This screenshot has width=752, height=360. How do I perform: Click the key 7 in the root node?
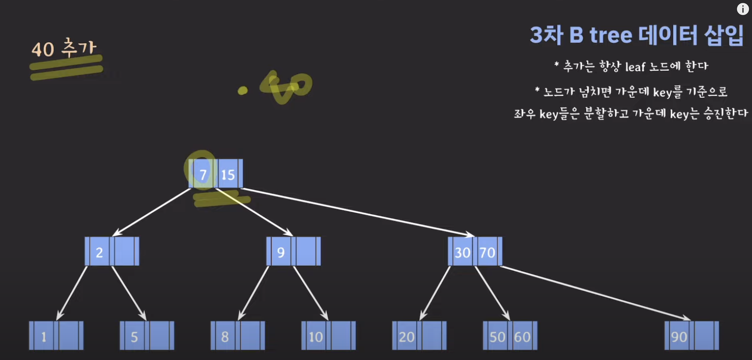[203, 174]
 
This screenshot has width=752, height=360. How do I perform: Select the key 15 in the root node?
[228, 175]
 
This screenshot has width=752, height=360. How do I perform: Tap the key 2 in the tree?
[99, 252]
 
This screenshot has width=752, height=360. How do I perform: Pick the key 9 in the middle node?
[281, 252]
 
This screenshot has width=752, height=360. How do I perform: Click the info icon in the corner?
[743, 9]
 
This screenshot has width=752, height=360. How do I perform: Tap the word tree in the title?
[611, 35]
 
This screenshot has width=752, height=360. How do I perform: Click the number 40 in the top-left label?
[43, 50]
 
